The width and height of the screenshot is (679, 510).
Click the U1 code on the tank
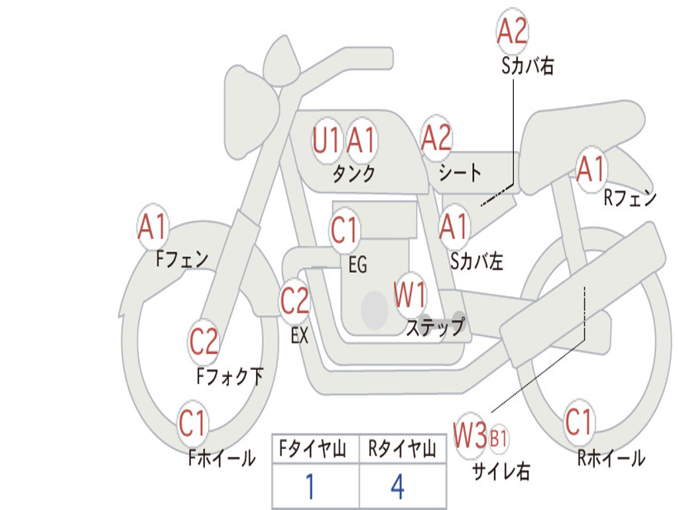click(326, 141)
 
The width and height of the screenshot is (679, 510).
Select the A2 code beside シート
click(436, 139)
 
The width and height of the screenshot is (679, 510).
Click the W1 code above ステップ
click(410, 295)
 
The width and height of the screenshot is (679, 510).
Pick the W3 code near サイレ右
click(470, 436)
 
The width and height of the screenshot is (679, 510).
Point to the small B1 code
click(499, 438)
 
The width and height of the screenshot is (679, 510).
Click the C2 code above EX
click(294, 301)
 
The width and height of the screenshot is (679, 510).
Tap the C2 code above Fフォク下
click(204, 341)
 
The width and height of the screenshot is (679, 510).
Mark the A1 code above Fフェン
click(153, 227)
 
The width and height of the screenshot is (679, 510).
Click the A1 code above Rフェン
click(591, 169)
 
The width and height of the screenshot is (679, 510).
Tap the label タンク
click(353, 174)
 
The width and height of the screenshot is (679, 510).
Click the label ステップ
click(435, 327)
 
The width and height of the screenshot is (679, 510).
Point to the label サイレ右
click(501, 471)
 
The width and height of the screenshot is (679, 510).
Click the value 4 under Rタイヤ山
click(397, 487)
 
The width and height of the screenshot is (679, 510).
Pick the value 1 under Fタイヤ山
click(310, 487)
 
